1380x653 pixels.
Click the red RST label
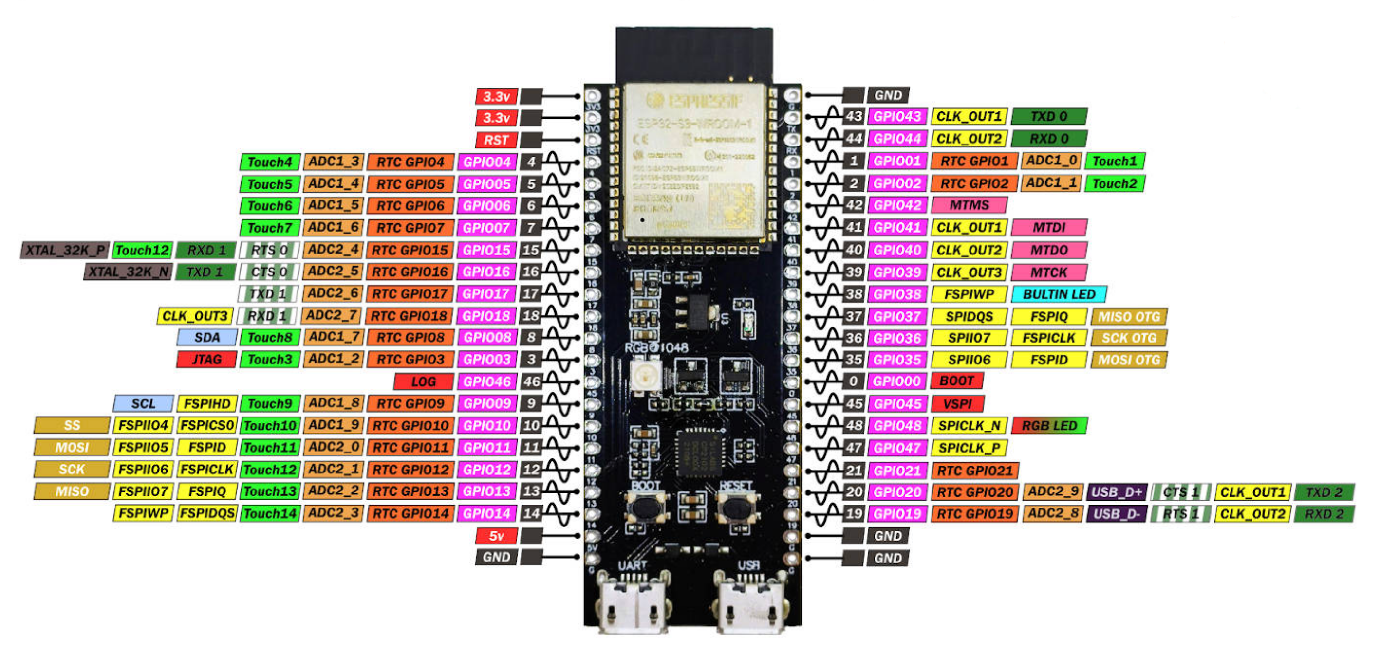pos(496,140)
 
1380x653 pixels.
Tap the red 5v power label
pos(496,535)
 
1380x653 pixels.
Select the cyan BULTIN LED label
pos(1059,294)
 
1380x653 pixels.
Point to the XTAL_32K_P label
pos(65,250)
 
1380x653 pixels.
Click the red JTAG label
pos(206,360)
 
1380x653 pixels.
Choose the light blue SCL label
pos(143,403)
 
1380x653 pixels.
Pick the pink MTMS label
pos(969,205)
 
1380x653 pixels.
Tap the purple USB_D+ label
pos(1117,492)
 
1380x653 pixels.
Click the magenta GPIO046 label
pos(487,381)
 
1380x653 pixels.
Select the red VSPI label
pos(957,403)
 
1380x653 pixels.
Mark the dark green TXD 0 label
pos(1049,116)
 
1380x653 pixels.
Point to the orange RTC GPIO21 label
pos(975,471)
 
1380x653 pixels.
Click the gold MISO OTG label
pos(1129,317)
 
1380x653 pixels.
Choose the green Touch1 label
pos(1114,161)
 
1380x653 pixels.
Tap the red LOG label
pos(423,381)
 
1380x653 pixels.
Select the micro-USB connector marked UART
pos(633,602)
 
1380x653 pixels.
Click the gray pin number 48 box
pos(854,425)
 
